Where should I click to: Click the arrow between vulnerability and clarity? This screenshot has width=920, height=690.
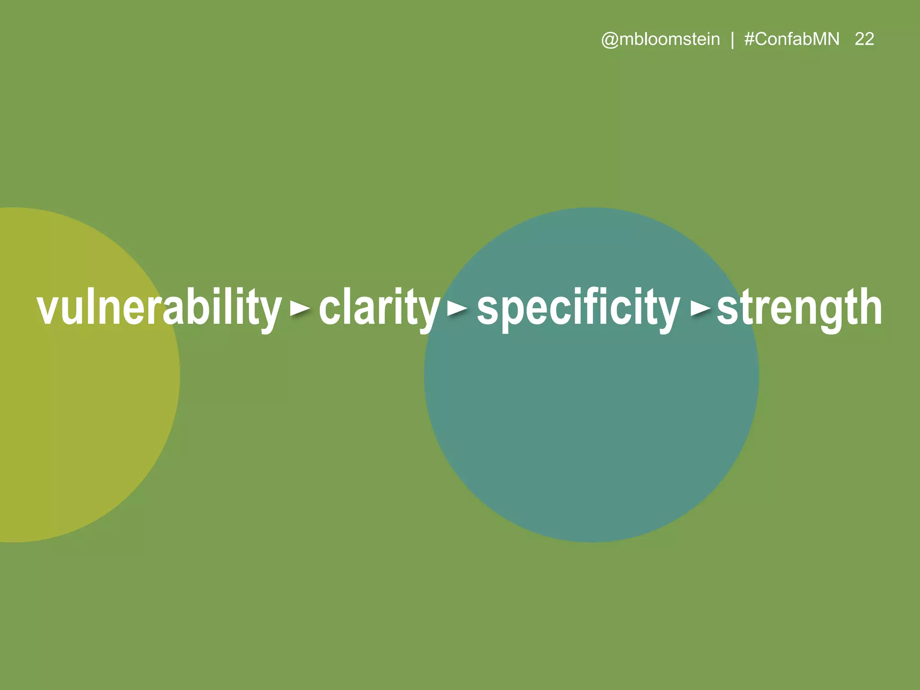point(300,309)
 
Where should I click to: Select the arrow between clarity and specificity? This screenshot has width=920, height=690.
point(457,309)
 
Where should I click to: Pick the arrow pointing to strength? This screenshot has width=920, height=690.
point(700,309)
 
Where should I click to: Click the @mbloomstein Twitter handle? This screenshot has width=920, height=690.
point(660,40)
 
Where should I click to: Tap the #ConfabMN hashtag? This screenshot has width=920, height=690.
point(792,40)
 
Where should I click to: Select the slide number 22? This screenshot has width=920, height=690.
point(864,40)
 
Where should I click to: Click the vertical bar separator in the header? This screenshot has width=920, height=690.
point(732,40)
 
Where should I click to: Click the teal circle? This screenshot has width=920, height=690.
point(591,427)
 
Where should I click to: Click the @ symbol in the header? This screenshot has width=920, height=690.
point(610,40)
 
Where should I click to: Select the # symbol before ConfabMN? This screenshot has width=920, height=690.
point(749,40)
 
